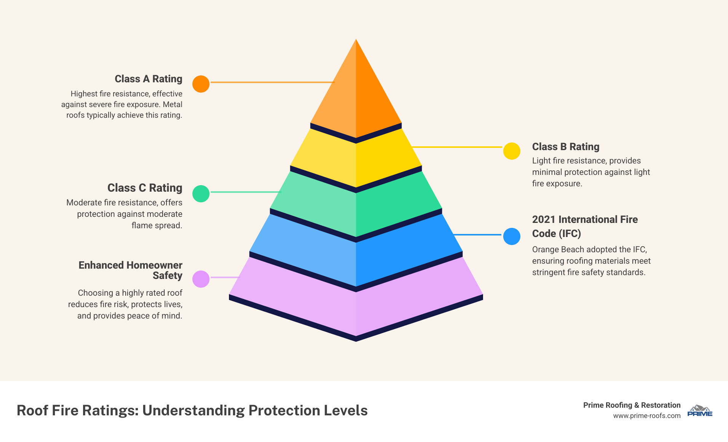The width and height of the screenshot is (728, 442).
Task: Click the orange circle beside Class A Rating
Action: point(201,84)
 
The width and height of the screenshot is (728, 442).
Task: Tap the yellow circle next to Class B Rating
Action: point(512,151)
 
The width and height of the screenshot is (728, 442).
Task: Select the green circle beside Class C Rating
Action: point(201,194)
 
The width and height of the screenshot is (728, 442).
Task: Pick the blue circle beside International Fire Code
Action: point(512,236)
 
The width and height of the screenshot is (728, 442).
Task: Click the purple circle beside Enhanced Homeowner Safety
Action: point(201,279)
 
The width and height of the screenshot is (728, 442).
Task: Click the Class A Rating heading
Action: point(148,79)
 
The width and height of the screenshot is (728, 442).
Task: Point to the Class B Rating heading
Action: point(566,147)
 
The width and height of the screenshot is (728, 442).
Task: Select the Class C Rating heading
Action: point(145,188)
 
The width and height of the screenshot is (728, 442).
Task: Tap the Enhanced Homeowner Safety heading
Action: point(130,270)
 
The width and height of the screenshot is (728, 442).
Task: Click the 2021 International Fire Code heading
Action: point(585,226)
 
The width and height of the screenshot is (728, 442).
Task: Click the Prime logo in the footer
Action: point(700,411)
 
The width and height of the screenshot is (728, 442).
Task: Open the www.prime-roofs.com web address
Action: point(646,416)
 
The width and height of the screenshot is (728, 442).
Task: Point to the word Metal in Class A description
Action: point(173,104)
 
